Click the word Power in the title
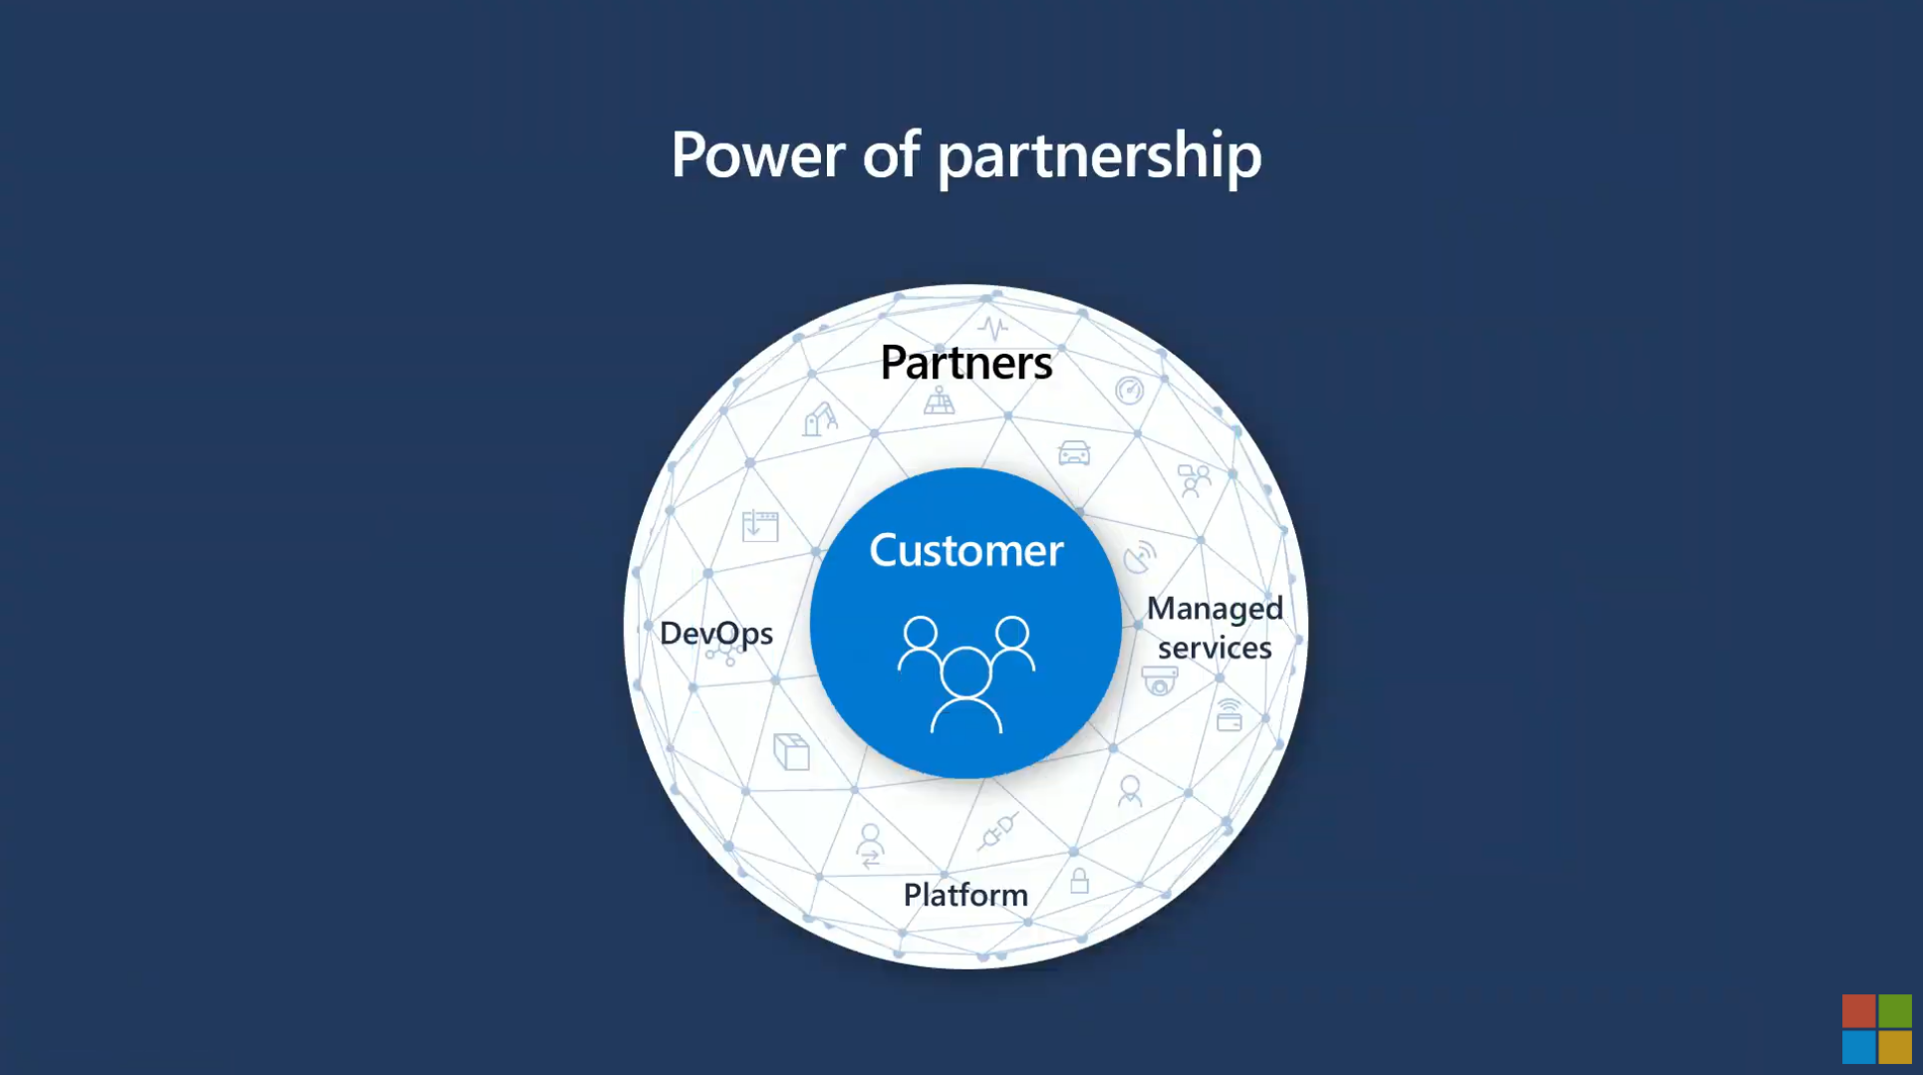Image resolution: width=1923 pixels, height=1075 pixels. click(757, 155)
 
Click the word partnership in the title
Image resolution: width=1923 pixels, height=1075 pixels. click(1099, 157)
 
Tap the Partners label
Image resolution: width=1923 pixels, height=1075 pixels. click(965, 363)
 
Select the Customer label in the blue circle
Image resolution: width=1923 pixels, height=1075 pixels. click(965, 551)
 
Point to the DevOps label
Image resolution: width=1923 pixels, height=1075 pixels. click(715, 634)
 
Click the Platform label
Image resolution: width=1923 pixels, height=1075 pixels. click(964, 895)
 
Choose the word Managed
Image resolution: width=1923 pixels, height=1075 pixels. click(1215, 609)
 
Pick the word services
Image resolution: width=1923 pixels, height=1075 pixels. click(1215, 648)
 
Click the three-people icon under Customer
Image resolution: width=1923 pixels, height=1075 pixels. click(965, 674)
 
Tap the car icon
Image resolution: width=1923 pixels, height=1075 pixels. click(1073, 453)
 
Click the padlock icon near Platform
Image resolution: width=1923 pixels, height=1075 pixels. click(1079, 881)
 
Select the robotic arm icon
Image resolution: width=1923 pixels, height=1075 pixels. click(819, 418)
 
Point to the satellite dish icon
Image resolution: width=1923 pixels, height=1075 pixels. click(1139, 557)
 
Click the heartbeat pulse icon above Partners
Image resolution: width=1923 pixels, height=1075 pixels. click(992, 327)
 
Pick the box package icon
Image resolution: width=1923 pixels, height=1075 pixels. click(792, 752)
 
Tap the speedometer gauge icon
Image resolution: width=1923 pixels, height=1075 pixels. click(1129, 391)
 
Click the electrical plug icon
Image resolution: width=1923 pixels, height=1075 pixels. click(997, 831)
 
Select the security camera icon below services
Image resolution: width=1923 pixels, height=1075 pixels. click(1159, 681)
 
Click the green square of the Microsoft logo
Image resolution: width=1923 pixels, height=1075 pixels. click(1894, 1010)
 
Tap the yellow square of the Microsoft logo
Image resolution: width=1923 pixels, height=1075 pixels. click(1894, 1047)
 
